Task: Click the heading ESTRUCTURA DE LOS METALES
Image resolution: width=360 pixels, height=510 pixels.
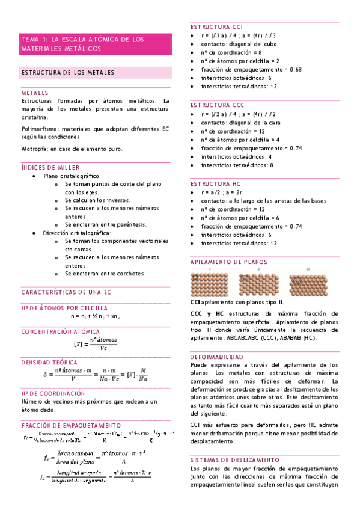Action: tap(67, 73)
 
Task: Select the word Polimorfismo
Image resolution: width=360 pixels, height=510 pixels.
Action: tap(39, 129)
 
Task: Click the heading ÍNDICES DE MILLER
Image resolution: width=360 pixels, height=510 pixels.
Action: tap(50, 167)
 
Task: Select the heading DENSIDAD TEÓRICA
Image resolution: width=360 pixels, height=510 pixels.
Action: tap(49, 363)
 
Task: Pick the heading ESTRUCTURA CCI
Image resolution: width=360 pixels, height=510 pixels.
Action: tap(216, 27)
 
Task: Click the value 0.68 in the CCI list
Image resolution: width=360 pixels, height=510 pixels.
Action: tap(294, 69)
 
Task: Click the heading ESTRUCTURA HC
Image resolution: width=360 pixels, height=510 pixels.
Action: tap(215, 183)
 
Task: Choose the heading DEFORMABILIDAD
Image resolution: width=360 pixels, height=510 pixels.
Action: tap(216, 356)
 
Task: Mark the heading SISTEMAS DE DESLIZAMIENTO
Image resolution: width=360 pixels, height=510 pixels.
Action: tap(231, 459)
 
